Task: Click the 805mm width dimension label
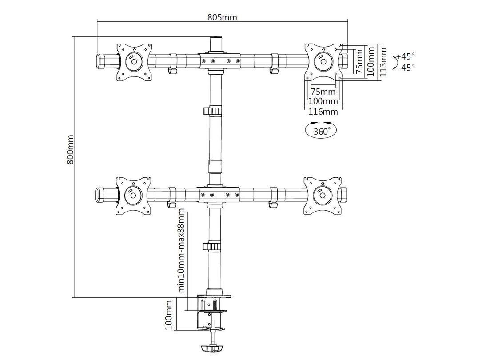tap(222, 17)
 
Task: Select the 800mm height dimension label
tap(70, 149)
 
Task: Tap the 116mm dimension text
tap(323, 111)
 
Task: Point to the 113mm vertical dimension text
tap(383, 62)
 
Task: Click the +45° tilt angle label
tap(406, 56)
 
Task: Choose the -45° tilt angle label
tap(406, 67)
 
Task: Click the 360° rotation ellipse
tap(321, 131)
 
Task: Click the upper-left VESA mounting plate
tap(134, 62)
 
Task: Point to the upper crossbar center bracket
tap(220, 61)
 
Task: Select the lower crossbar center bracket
tap(220, 194)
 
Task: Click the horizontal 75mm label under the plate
tap(323, 92)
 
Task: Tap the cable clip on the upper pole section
tap(213, 110)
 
